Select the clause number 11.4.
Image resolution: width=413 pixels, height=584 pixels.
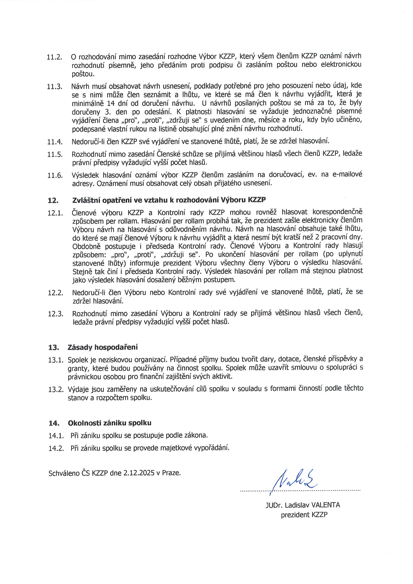[55, 142]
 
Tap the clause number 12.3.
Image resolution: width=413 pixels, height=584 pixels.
[55, 314]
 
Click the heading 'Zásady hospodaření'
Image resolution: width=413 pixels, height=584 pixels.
[102, 347]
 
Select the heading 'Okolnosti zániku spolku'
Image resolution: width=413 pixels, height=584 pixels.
[109, 423]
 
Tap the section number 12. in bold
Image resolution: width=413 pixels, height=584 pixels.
[53, 201]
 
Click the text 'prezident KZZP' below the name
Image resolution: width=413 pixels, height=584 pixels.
[304, 515]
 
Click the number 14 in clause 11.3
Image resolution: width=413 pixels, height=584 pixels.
[111, 103]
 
